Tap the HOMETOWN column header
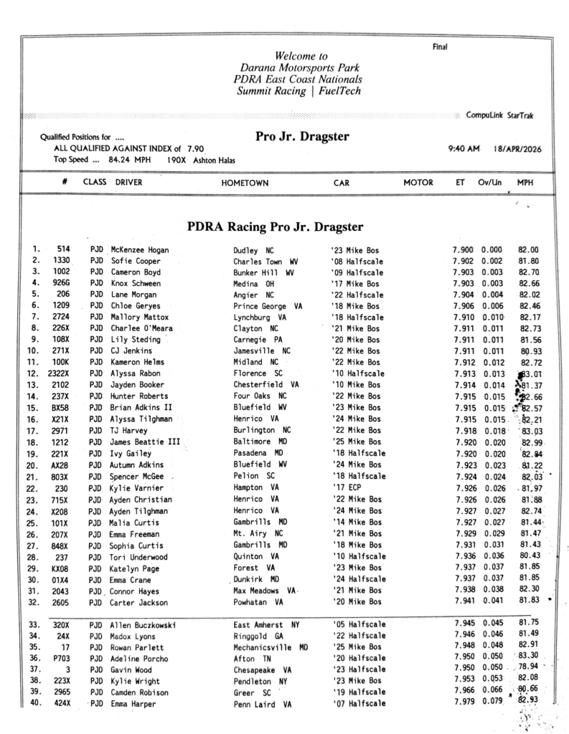pos(244,183)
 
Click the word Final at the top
pos(439,47)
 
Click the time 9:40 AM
pos(463,148)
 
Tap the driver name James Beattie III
pos(145,443)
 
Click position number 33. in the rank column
pos(32,624)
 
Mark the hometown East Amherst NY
pos(265,624)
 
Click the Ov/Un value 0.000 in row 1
pos(493,250)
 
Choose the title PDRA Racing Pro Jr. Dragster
pos(275,227)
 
